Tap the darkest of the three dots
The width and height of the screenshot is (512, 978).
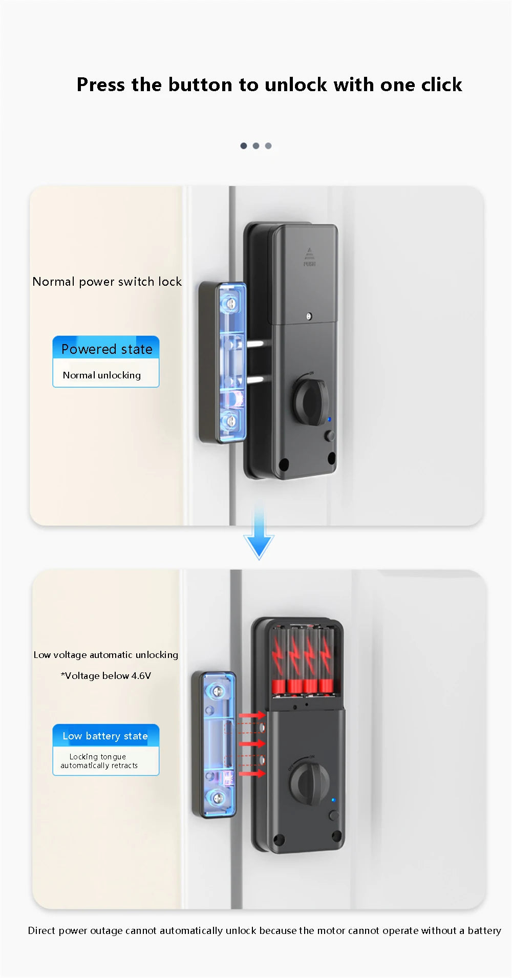click(244, 146)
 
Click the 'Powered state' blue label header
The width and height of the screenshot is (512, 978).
click(106, 349)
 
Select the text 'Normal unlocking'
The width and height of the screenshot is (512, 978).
click(101, 375)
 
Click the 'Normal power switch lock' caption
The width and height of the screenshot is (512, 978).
click(107, 282)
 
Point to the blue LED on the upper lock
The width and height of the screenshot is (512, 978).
click(329, 419)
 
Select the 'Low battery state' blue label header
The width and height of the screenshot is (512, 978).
click(105, 736)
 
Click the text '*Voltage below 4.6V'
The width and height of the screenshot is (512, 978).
click(106, 676)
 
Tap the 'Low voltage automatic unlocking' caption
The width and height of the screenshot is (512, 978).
click(106, 655)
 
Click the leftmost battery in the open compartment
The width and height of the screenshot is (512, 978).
click(279, 661)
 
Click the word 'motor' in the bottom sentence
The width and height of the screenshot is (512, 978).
click(330, 930)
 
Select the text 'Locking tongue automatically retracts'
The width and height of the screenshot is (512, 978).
click(99, 761)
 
